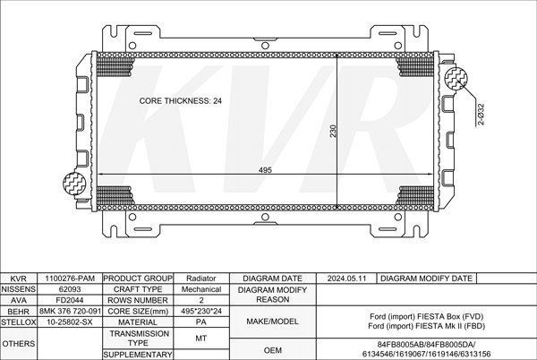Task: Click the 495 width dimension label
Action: point(265,170)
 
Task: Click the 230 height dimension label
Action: point(333,131)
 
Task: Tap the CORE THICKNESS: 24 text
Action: point(181,100)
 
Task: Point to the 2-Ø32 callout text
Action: point(481,115)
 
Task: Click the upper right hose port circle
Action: point(456,79)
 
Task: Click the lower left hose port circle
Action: point(74,183)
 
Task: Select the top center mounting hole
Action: point(265,46)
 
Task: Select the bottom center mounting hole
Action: point(265,218)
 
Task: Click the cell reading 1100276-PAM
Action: point(70,279)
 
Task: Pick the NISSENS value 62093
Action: point(70,289)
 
